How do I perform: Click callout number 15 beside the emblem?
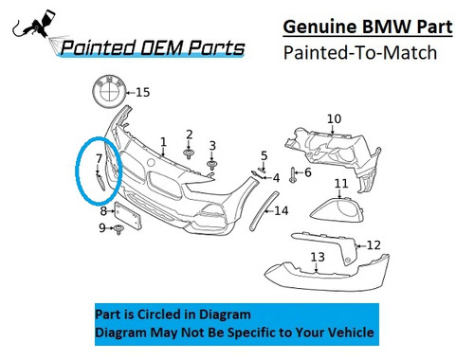point(143,92)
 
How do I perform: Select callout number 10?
point(333,118)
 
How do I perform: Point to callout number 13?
point(317,257)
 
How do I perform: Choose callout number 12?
point(374,245)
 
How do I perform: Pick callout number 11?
point(340,183)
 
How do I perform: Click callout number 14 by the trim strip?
point(281,210)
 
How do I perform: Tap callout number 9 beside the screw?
point(102,228)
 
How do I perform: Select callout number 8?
point(103,211)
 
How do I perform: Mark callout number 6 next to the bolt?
point(308,172)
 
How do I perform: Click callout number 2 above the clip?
point(190,134)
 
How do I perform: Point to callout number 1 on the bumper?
point(163,142)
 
